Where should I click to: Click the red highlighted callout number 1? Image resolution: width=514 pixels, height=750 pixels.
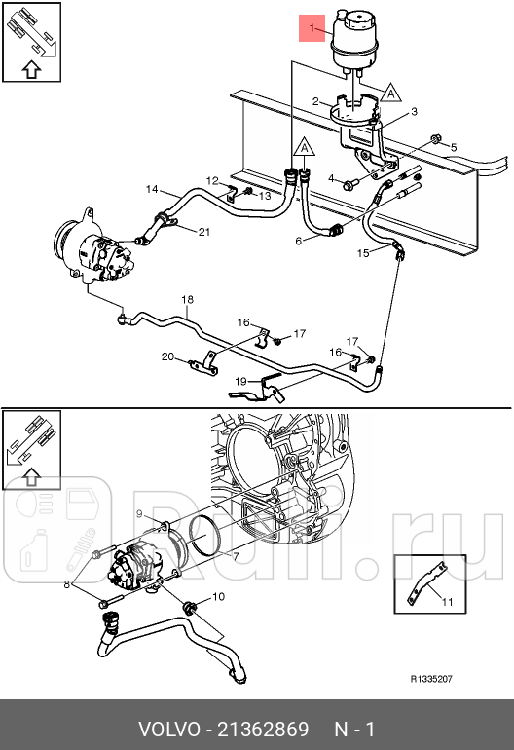[x=312, y=30]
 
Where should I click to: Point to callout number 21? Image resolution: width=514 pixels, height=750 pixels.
[x=203, y=231]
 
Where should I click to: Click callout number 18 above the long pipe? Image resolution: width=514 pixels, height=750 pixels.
[x=188, y=298]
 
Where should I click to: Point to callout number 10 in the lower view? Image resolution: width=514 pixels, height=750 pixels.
[x=218, y=596]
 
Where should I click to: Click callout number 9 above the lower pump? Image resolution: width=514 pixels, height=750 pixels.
[x=139, y=513]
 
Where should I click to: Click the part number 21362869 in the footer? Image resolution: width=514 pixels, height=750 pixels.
[x=264, y=730]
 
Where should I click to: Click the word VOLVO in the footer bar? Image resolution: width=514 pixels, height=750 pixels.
[x=166, y=730]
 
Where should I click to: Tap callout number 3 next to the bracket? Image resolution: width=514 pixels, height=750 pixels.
[x=414, y=113]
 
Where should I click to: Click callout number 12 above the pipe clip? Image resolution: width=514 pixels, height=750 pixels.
[x=211, y=180]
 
